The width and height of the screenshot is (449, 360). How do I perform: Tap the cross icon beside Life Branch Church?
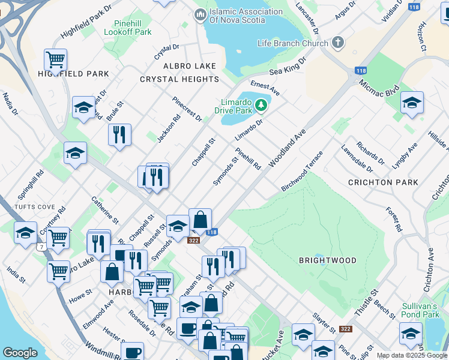pyautogui.click(x=339, y=43)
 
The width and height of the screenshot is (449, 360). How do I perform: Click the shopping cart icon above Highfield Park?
pyautogui.click(x=55, y=59)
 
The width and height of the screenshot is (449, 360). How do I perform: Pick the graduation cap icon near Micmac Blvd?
pyautogui.click(x=412, y=103)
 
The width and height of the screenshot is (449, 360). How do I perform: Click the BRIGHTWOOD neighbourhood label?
pyautogui.click(x=328, y=260)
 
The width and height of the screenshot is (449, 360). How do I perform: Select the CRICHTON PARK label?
pyautogui.click(x=384, y=182)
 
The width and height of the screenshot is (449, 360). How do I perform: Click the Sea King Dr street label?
pyautogui.click(x=288, y=66)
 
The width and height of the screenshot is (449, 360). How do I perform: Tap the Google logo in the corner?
pyautogui.click(x=20, y=353)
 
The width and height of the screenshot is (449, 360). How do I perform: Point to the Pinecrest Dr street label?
pyautogui.click(x=187, y=109)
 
